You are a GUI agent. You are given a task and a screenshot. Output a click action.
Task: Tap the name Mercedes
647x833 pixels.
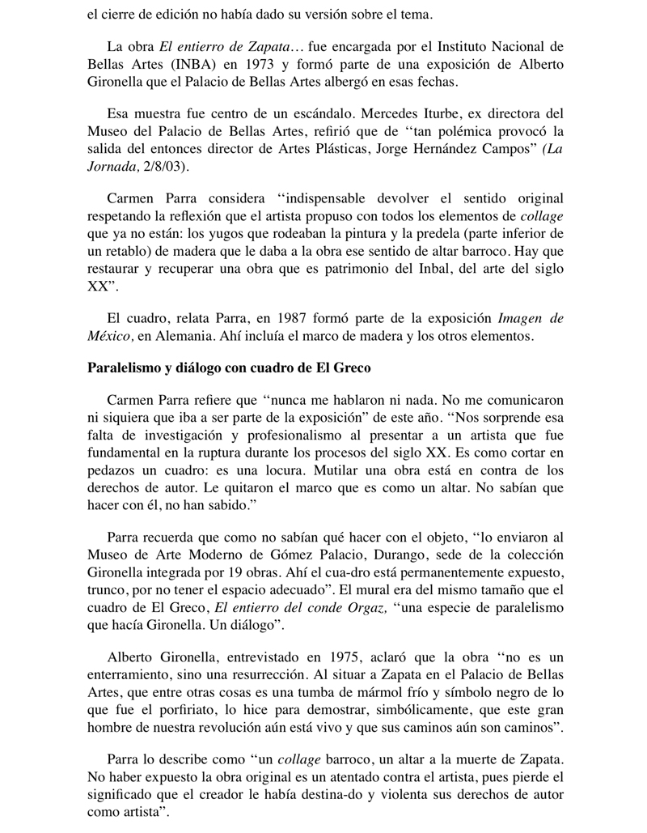(378, 113)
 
